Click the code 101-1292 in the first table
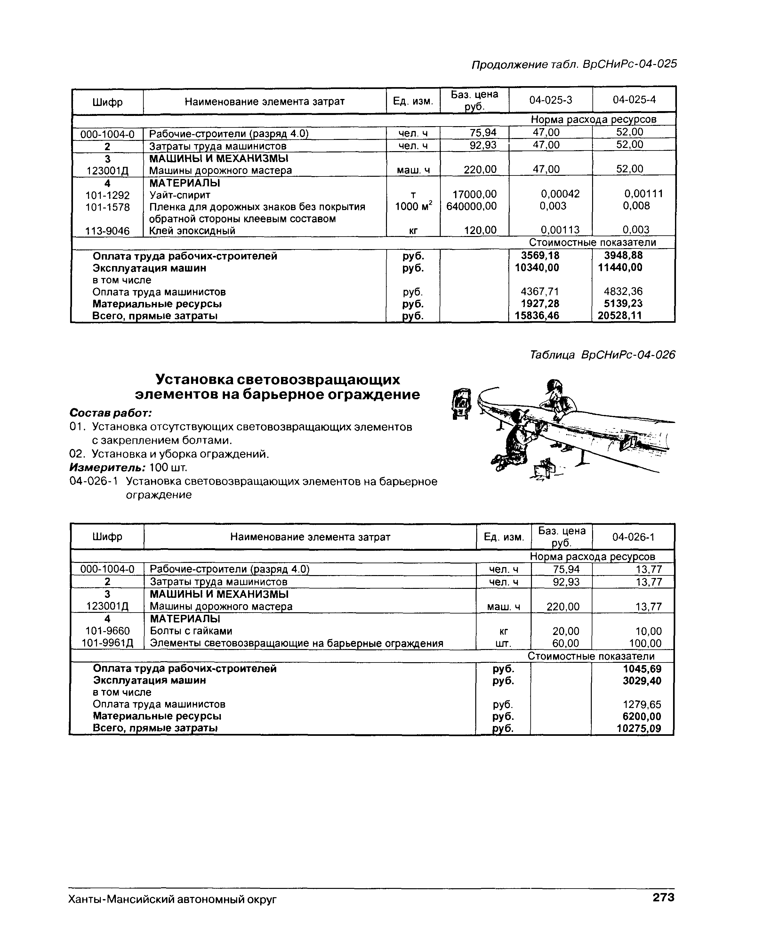(108, 195)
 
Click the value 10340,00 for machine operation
(534, 268)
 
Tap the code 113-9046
(108, 231)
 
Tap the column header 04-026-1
(633, 537)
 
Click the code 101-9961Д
(108, 643)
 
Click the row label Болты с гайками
(191, 631)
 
